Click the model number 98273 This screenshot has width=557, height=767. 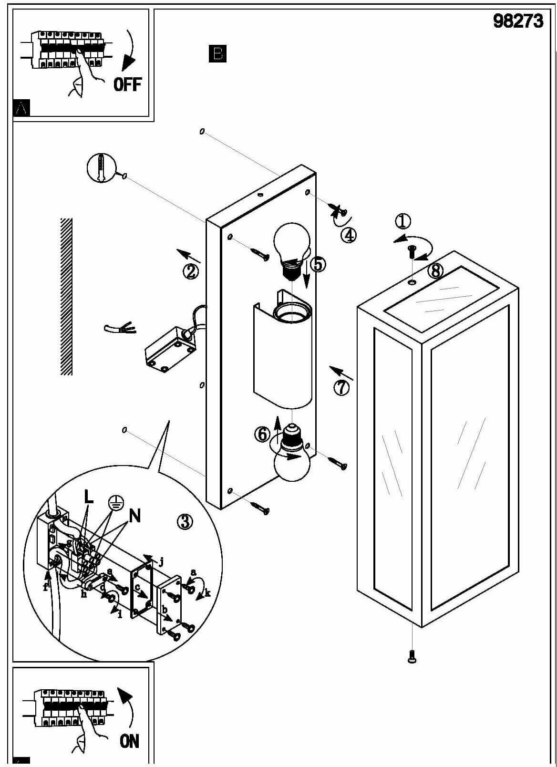point(518,21)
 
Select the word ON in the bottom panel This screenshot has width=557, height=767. point(129,741)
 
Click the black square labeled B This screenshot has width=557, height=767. point(217,53)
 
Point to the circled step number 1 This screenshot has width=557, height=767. point(403,221)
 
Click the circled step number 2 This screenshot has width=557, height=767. point(190,271)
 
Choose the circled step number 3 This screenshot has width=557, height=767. point(185,522)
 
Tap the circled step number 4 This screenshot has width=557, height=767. point(349,235)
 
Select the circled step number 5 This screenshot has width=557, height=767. point(318,264)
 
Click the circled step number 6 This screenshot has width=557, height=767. point(262,434)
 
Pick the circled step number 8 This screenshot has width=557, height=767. point(435,270)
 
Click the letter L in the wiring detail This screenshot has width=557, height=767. point(89,497)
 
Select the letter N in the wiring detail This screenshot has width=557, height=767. point(135,516)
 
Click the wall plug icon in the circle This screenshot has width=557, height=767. point(101,168)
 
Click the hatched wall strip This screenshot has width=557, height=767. point(66,296)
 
